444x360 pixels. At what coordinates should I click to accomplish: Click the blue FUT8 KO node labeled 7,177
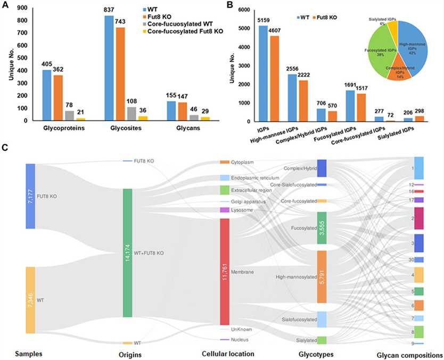point(30,195)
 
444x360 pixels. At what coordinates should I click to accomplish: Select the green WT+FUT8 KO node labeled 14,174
point(128,253)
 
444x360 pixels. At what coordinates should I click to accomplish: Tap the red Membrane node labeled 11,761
point(224,271)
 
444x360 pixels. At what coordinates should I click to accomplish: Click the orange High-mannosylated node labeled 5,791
point(321,277)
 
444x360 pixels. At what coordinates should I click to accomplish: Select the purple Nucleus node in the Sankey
point(224,340)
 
